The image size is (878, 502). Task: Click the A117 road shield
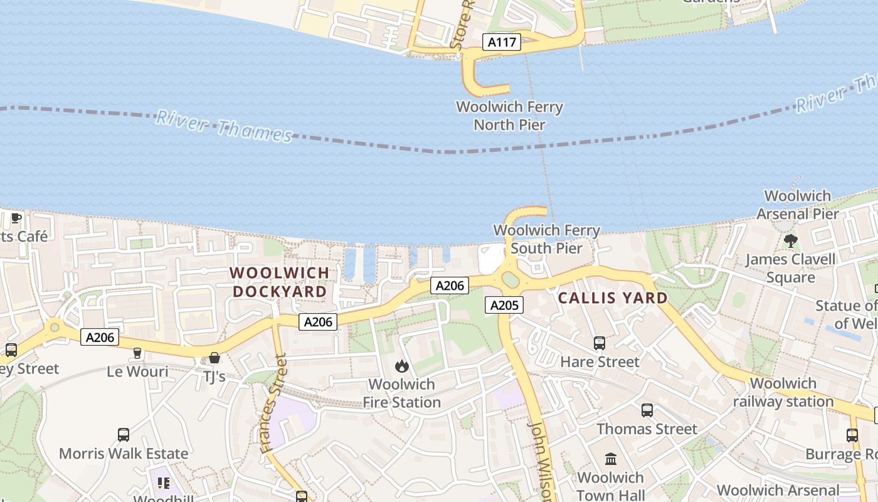point(502,43)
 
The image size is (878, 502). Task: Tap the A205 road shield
point(504,306)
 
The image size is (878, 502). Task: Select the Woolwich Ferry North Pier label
point(509,115)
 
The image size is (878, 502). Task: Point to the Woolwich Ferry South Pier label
point(546,239)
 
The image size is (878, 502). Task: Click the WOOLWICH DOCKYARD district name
point(280,282)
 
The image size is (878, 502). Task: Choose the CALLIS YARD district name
point(613,298)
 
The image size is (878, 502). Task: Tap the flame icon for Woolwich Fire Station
point(402,366)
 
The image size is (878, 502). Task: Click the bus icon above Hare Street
point(600,343)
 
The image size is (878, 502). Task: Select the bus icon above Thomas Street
point(647,410)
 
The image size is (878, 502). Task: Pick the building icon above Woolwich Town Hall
point(611,459)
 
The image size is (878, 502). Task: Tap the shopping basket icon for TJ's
point(214,358)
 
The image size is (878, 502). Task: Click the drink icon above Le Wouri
point(137,353)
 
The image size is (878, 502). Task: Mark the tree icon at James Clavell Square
point(790,240)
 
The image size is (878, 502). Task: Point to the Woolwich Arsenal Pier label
point(797,205)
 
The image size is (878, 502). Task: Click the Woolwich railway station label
point(783,392)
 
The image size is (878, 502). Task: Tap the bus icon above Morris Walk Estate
point(124,434)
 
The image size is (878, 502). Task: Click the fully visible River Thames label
point(224,126)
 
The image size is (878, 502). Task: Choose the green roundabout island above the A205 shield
point(510,280)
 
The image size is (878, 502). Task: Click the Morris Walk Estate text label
point(124,453)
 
